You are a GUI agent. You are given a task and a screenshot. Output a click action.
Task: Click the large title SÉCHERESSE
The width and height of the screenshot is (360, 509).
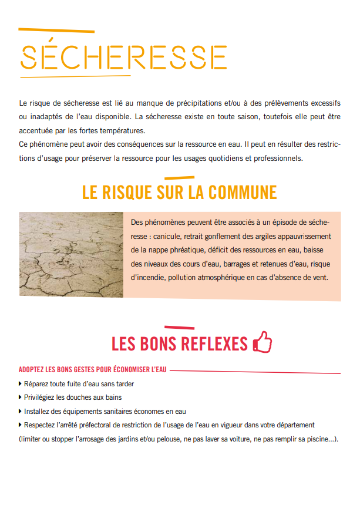coord(124,57)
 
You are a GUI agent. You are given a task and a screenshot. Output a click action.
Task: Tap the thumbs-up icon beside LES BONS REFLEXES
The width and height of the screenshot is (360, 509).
coord(262,342)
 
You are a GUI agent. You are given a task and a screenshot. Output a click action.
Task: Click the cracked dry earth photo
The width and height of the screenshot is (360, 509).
coord(71,254)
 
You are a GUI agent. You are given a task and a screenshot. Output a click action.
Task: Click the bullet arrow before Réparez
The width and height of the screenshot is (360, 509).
coord(21,385)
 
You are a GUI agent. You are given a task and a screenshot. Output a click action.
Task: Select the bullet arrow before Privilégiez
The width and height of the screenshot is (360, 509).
coord(21,398)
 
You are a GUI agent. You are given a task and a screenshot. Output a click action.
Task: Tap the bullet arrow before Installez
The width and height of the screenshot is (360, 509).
coord(21,412)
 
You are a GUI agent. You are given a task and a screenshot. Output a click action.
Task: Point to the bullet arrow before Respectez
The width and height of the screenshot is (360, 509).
coord(21,425)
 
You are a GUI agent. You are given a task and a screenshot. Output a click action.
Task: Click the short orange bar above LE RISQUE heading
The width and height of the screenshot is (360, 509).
coord(179,177)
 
